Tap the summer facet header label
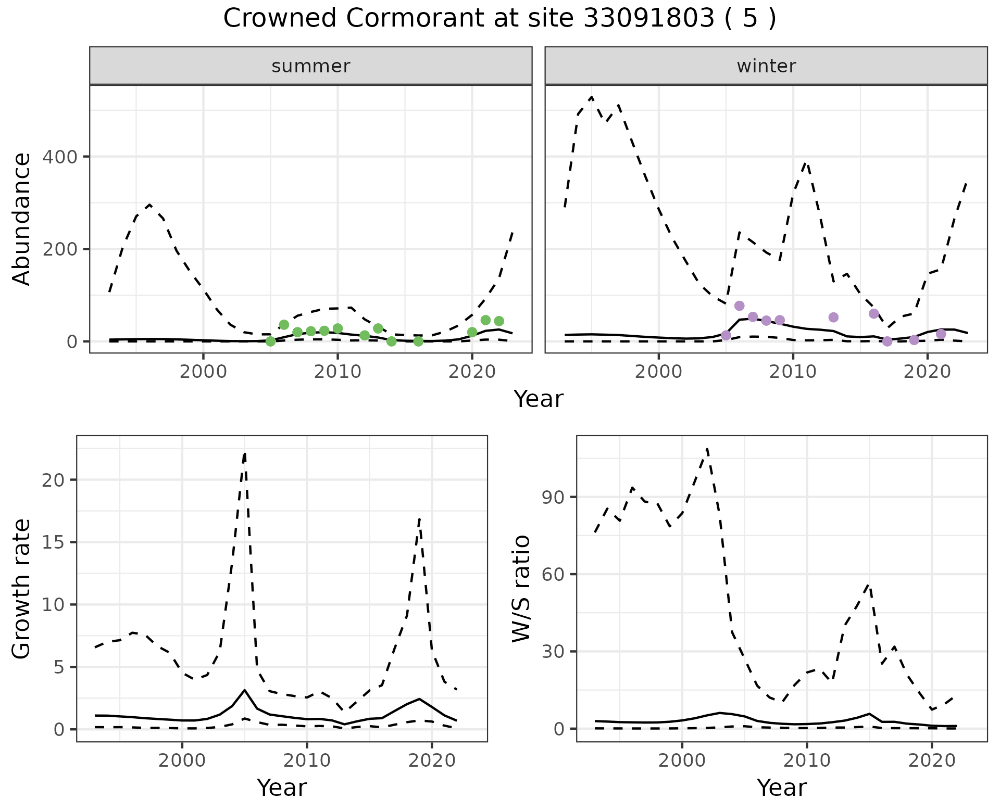(x=311, y=66)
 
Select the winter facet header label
(x=766, y=66)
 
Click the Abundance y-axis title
(x=21, y=219)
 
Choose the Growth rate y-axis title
(x=21, y=589)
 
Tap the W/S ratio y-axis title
(x=521, y=589)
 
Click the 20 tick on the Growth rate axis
(x=52, y=480)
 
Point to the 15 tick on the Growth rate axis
(x=52, y=542)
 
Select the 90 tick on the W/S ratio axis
(x=553, y=497)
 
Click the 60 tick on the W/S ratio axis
(x=553, y=575)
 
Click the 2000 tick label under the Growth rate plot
(x=182, y=760)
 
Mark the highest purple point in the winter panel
(x=739, y=306)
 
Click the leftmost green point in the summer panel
(x=270, y=341)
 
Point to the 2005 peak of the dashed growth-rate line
(x=245, y=453)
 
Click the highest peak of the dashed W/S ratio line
(x=707, y=448)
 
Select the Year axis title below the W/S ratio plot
(x=782, y=788)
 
